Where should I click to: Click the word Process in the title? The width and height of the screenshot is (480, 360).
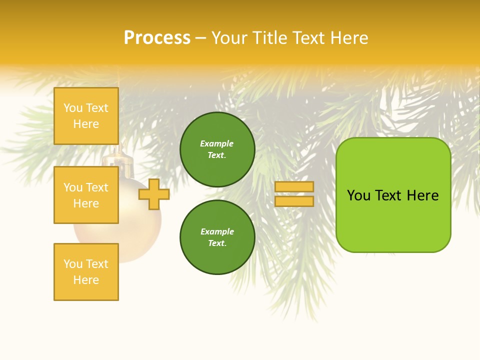(157, 38)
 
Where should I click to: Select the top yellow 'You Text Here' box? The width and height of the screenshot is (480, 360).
(86, 116)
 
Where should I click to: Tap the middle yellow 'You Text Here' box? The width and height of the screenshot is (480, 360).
(86, 195)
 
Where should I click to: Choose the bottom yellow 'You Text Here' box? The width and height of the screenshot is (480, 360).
(86, 271)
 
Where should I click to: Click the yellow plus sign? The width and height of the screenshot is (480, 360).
(154, 194)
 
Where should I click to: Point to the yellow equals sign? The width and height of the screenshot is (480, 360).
(294, 194)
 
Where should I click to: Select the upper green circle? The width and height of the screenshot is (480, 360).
(217, 149)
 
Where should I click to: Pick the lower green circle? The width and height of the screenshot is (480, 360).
(217, 237)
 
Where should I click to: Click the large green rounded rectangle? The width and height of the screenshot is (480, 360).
(393, 195)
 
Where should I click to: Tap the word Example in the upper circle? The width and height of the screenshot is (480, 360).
(217, 143)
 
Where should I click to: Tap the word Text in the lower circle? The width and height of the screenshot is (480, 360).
(216, 243)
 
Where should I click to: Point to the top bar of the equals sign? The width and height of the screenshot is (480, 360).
(294, 186)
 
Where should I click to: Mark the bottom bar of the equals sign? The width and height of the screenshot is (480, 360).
(294, 201)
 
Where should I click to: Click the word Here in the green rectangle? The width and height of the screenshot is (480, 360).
(422, 195)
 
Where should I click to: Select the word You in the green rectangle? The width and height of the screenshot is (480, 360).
(358, 195)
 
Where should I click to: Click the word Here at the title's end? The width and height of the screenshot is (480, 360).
(350, 38)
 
